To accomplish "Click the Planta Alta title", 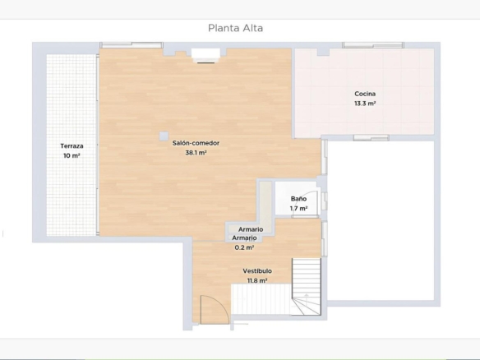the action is tap(235, 28).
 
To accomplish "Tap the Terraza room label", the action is tap(72, 146).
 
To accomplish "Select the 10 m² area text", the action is tap(72, 155).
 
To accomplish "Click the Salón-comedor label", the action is tap(196, 143).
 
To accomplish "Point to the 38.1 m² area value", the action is tap(196, 152).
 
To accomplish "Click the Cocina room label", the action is tap(365, 94).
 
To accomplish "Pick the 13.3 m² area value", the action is tap(365, 104).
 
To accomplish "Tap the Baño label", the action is tap(298, 199).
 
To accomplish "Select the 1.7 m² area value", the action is tap(298, 209).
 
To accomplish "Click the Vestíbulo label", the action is tap(257, 271).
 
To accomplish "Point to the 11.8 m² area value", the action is tap(257, 281).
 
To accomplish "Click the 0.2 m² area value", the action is tap(244, 247).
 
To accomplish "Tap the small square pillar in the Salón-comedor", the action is tap(164, 136).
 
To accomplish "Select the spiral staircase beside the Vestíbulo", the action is tap(306, 287).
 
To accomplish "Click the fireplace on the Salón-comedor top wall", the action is tap(205, 55).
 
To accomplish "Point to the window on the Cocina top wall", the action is tap(373, 45).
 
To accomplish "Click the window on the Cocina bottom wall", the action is tap(371, 138).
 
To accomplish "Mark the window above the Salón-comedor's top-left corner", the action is tap(132, 45).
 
